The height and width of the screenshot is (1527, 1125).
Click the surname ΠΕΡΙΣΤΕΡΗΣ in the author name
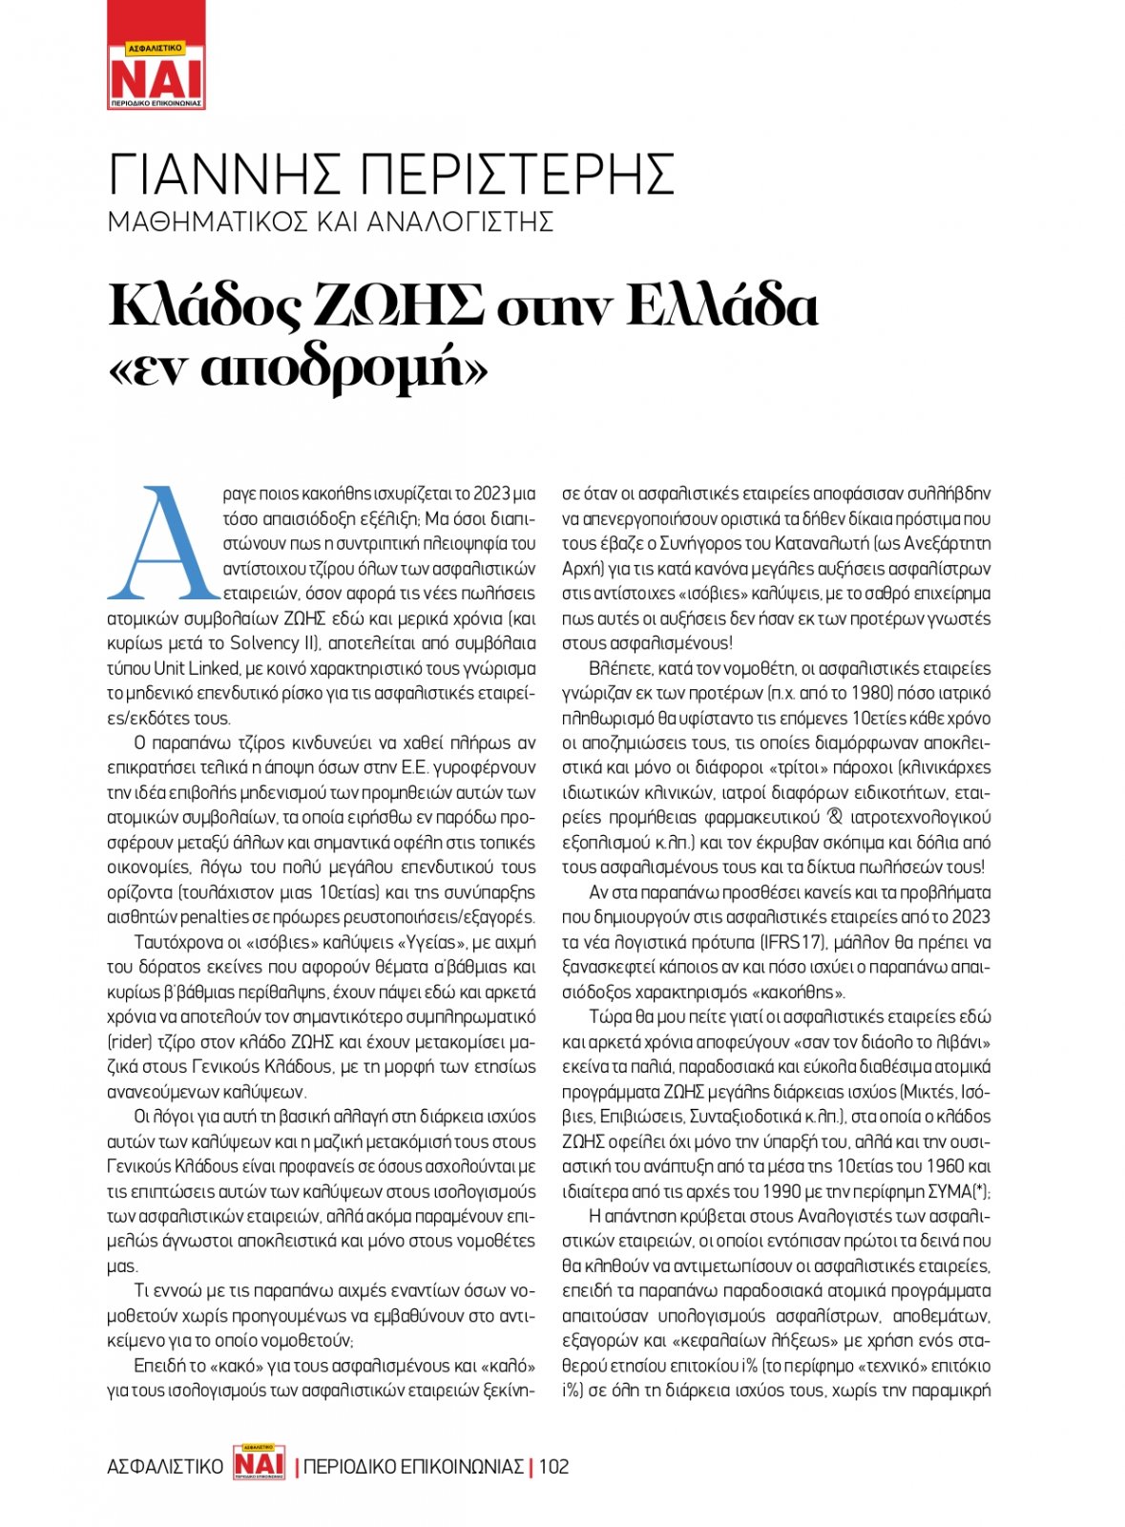click(520, 174)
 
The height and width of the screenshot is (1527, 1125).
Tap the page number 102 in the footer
click(553, 1467)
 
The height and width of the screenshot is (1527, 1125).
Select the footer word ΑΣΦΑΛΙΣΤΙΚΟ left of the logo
click(165, 1467)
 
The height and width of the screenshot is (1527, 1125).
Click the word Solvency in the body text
click(264, 643)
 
